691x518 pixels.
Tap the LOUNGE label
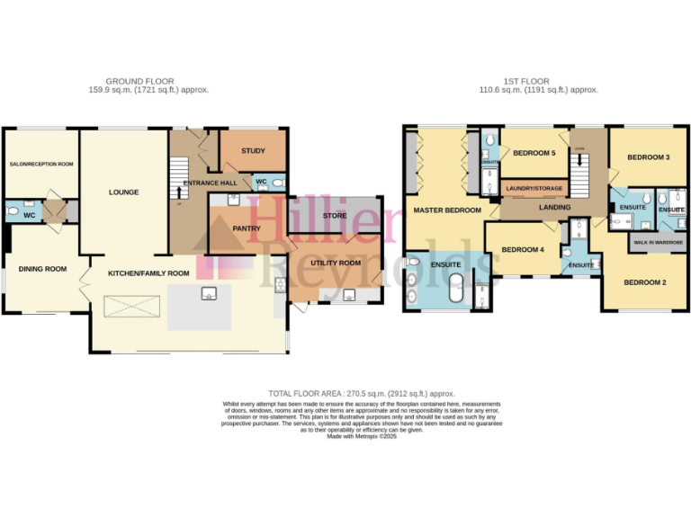click(x=124, y=192)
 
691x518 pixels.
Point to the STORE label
click(x=335, y=216)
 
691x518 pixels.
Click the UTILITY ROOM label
click(x=336, y=263)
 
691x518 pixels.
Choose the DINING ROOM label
click(x=44, y=268)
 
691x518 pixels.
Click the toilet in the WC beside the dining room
click(x=13, y=213)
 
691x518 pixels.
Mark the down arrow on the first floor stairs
click(x=579, y=160)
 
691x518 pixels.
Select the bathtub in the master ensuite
click(x=455, y=295)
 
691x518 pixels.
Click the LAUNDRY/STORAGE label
click(x=535, y=189)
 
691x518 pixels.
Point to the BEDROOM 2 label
click(x=645, y=283)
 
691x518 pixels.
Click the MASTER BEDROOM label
click(x=447, y=210)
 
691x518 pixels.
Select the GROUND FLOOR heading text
click(x=139, y=81)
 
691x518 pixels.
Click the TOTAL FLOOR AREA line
click(x=362, y=394)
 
